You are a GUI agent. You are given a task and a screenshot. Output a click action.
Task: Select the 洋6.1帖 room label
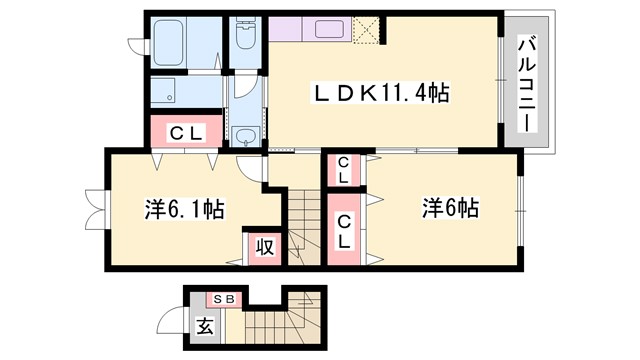click(x=183, y=210)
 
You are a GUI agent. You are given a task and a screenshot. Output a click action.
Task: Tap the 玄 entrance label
click(x=204, y=326)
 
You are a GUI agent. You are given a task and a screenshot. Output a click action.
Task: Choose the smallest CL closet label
click(x=343, y=171)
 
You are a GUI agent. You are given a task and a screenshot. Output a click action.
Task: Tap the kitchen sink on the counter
click(x=331, y=29)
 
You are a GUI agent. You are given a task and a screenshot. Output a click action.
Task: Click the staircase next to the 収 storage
click(x=304, y=225)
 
